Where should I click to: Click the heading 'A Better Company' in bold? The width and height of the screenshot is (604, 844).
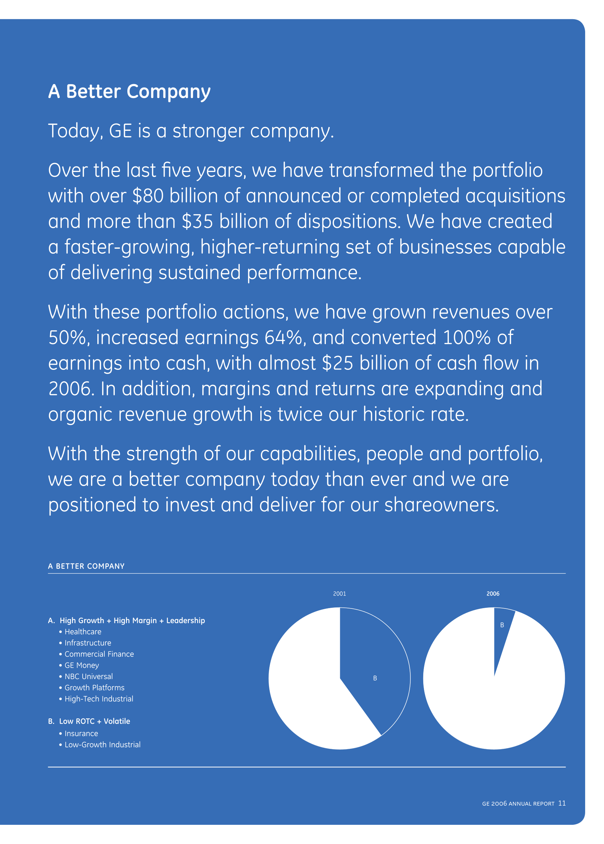tap(129, 91)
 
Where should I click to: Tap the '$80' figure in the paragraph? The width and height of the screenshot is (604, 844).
tap(148, 196)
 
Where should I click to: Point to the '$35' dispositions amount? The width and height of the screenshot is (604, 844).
tap(197, 222)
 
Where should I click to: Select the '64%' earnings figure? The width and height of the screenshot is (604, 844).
tap(283, 338)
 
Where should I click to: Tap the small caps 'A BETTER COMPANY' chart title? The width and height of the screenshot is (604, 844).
tap(86, 566)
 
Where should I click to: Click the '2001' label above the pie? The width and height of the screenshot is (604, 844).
tap(339, 594)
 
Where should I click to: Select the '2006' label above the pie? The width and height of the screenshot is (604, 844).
tap(493, 594)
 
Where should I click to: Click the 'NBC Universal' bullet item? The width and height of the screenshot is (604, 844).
tap(89, 676)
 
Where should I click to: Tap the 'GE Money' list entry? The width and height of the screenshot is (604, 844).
tap(82, 665)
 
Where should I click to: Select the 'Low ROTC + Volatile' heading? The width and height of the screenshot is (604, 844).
tap(95, 721)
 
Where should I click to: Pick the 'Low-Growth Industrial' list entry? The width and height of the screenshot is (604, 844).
tap(102, 745)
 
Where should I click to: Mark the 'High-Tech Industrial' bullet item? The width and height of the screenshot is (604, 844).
tap(98, 699)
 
